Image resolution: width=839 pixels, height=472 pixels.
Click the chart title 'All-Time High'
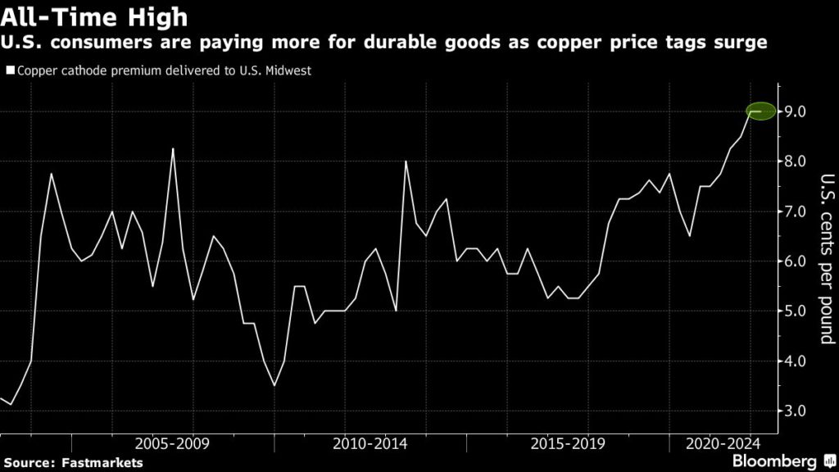[95, 16]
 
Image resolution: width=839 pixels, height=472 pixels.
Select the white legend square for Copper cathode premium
[10, 70]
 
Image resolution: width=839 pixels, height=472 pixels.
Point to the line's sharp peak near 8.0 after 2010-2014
[406, 161]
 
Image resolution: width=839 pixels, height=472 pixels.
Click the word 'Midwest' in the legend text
[288, 70]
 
